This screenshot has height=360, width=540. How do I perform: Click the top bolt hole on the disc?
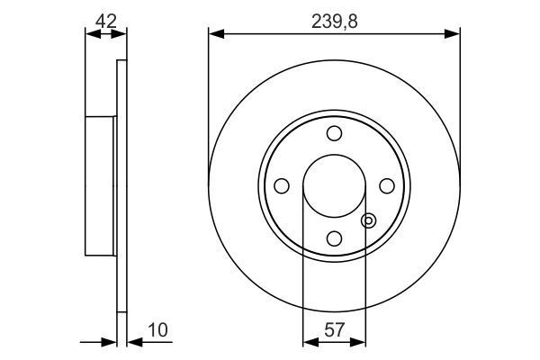click(334, 133)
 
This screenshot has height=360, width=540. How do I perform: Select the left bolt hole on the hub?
click(281, 185)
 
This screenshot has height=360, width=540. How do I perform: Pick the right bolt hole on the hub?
click(387, 185)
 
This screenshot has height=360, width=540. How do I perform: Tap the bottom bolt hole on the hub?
click(334, 238)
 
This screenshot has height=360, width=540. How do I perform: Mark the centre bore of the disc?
click(334, 185)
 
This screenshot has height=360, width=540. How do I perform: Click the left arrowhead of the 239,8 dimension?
click(214, 34)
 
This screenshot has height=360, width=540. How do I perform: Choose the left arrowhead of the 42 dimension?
click(89, 34)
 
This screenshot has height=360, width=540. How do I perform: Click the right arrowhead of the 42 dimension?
click(121, 34)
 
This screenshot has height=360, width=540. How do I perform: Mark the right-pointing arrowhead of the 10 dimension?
click(112, 342)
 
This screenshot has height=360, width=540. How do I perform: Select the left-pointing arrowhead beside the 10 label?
click(132, 342)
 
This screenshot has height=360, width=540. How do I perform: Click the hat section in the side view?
click(100, 185)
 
